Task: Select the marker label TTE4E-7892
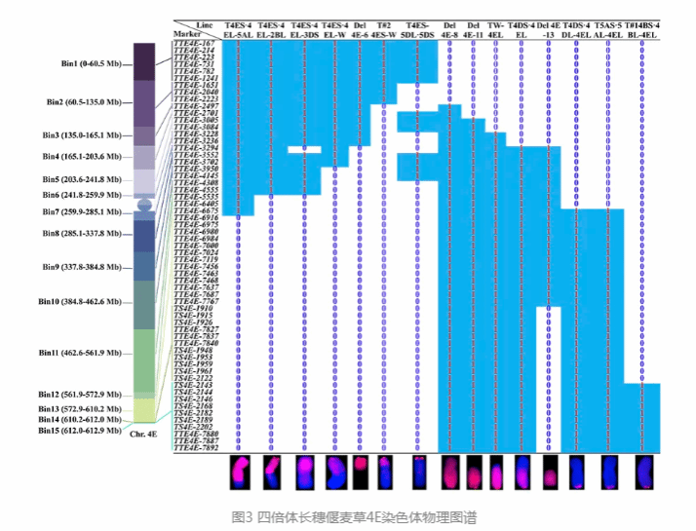pyautogui.click(x=196, y=449)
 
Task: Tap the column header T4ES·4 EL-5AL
pyautogui.click(x=239, y=28)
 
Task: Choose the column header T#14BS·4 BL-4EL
pyautogui.click(x=642, y=28)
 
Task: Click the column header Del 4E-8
pyautogui.click(x=449, y=28)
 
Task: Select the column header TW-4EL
pyautogui.click(x=496, y=28)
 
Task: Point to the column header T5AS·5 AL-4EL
pyautogui.click(x=609, y=28)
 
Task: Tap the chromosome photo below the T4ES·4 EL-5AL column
pyautogui.click(x=241, y=474)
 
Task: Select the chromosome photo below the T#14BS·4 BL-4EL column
pyautogui.click(x=642, y=474)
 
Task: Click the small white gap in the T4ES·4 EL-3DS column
pyautogui.click(x=305, y=149)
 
